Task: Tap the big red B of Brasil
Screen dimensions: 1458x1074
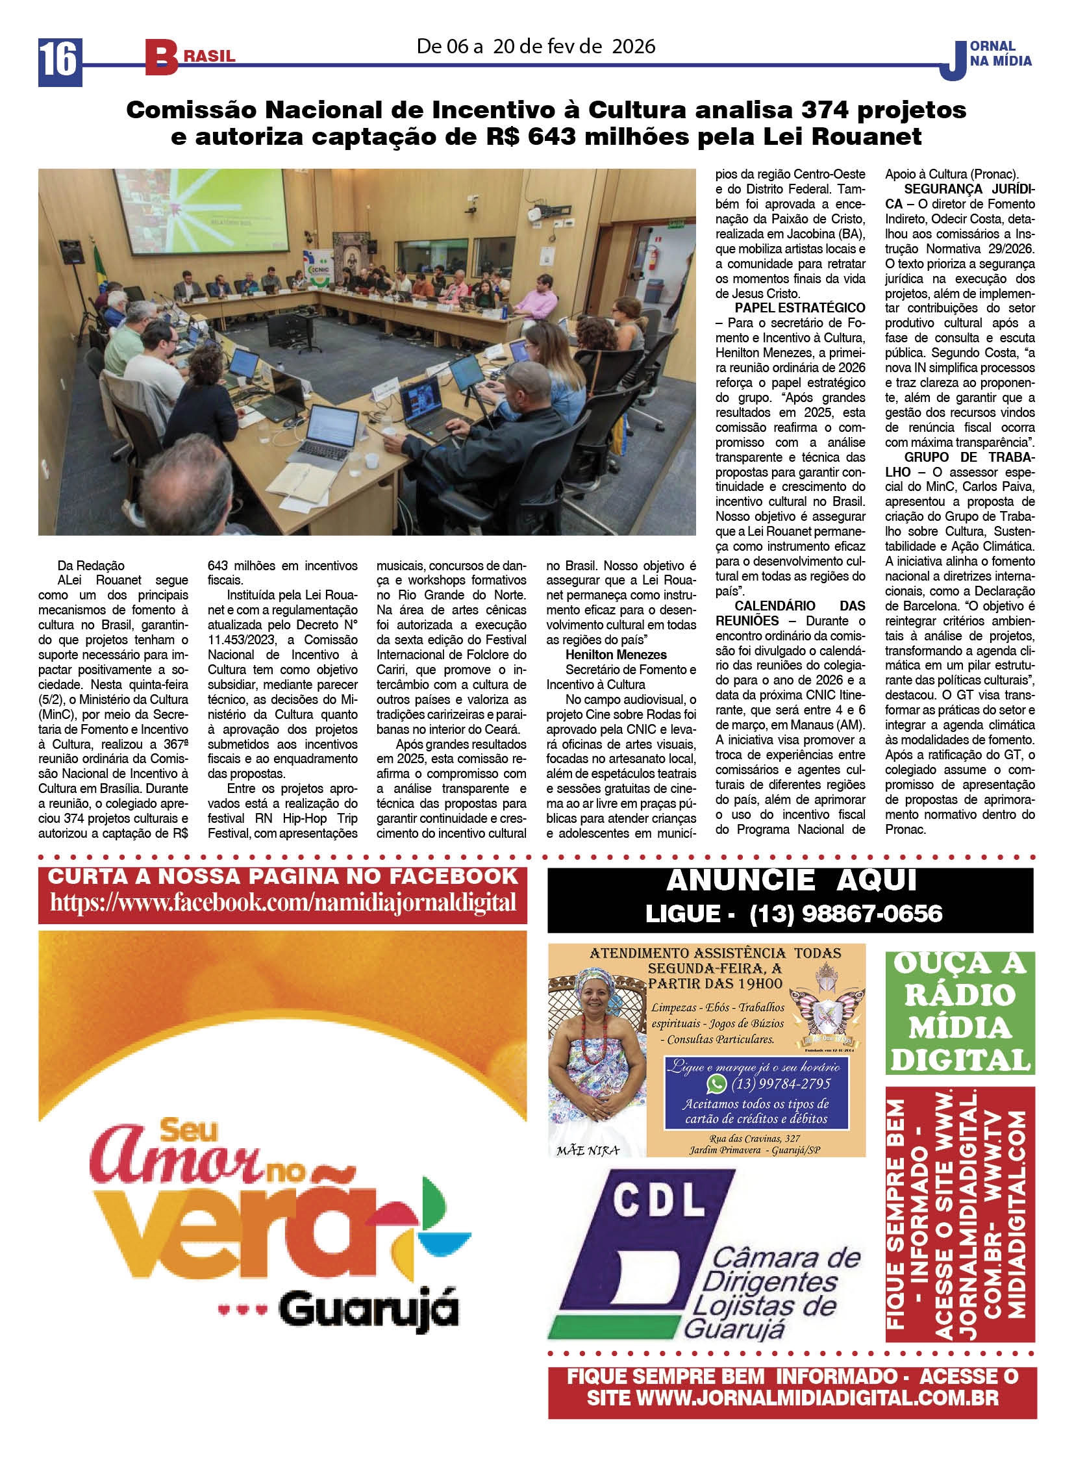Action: (x=160, y=58)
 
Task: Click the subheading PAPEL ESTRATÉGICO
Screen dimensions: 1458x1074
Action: (x=799, y=308)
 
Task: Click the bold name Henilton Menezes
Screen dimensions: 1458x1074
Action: (x=616, y=655)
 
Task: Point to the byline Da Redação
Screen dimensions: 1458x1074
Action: (x=90, y=566)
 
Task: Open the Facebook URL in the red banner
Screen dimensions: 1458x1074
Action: (x=283, y=902)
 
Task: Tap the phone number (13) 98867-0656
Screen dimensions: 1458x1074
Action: (x=845, y=914)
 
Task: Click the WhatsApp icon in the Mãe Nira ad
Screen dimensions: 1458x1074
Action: (x=716, y=1083)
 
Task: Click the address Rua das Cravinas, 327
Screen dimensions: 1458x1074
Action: (x=754, y=1138)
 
